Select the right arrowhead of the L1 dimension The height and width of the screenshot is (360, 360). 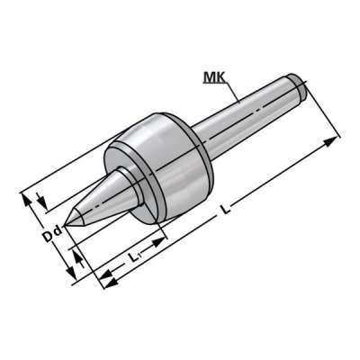tap(163, 238)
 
